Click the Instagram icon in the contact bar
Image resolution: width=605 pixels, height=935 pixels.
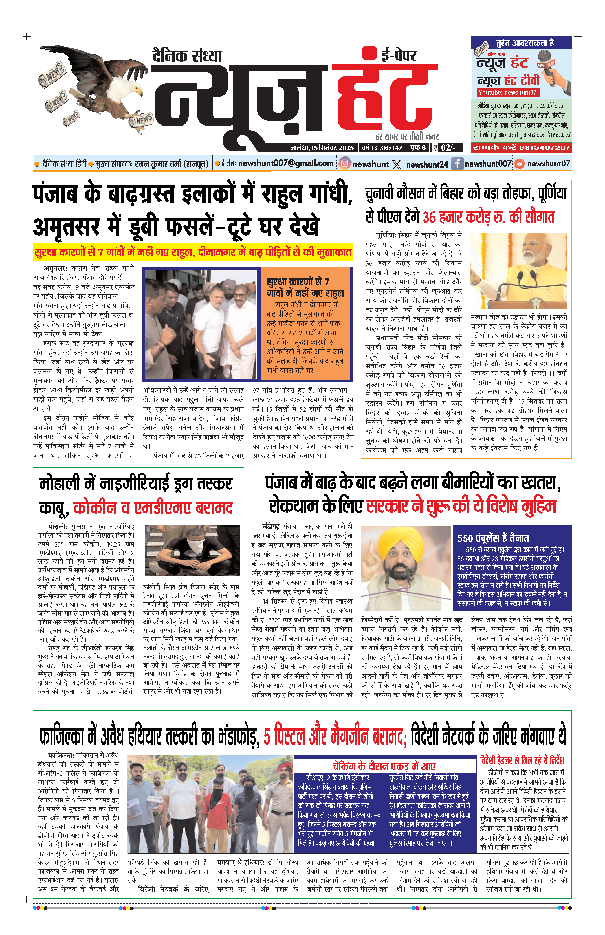click(344, 163)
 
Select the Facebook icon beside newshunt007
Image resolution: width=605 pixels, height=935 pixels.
click(457, 163)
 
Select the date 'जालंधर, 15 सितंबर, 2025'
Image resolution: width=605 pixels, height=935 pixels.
click(322, 148)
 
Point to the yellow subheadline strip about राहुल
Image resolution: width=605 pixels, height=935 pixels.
click(192, 252)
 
